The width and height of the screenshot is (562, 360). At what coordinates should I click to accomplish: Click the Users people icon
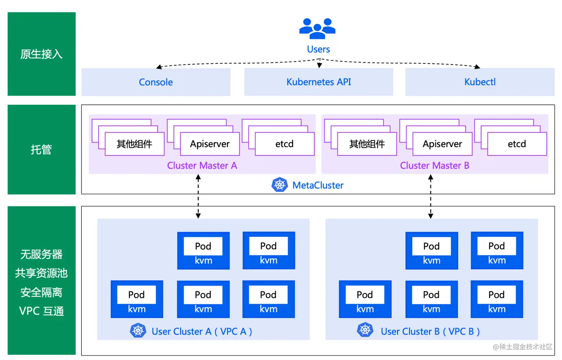pyautogui.click(x=317, y=28)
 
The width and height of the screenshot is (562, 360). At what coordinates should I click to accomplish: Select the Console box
pyautogui.click(x=156, y=82)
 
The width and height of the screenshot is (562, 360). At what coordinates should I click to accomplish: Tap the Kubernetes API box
pyautogui.click(x=319, y=82)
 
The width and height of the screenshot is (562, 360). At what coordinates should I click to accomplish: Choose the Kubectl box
pyautogui.click(x=480, y=82)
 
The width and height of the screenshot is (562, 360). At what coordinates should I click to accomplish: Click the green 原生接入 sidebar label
pyautogui.click(x=41, y=54)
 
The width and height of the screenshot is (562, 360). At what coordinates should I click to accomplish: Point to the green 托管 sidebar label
pyautogui.click(x=41, y=150)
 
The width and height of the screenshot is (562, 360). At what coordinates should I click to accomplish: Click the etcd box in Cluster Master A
pyautogui.click(x=284, y=144)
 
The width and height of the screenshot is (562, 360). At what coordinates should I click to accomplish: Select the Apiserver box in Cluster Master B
pyautogui.click(x=442, y=144)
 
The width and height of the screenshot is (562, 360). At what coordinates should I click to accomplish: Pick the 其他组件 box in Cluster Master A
pyautogui.click(x=135, y=144)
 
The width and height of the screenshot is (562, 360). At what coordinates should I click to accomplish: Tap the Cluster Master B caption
pyautogui.click(x=435, y=165)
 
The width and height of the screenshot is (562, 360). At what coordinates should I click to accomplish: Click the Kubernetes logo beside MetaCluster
pyautogui.click(x=280, y=185)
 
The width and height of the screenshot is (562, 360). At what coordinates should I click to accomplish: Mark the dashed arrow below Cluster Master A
pyautogui.click(x=198, y=196)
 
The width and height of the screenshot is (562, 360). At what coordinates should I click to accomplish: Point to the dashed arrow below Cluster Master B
pyautogui.click(x=430, y=196)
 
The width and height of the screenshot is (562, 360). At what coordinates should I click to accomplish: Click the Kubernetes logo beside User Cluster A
pyautogui.click(x=138, y=331)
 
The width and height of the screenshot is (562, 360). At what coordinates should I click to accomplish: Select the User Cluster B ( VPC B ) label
pyautogui.click(x=430, y=331)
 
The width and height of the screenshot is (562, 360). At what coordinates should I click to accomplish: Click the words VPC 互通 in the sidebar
pyautogui.click(x=41, y=311)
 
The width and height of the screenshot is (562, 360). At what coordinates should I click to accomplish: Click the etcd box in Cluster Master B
pyautogui.click(x=517, y=144)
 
